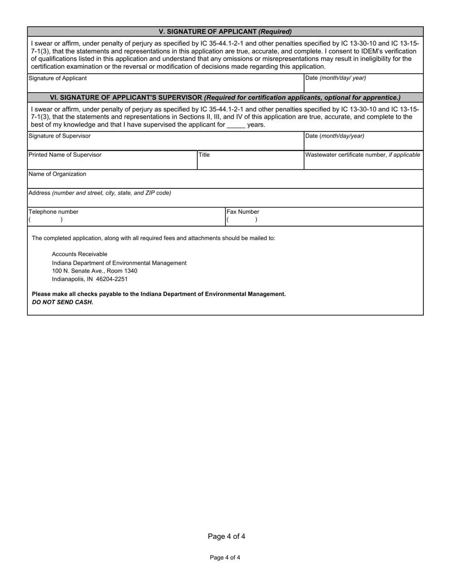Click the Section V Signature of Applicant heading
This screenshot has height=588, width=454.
click(x=225, y=32)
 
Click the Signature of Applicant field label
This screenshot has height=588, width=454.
click(x=58, y=78)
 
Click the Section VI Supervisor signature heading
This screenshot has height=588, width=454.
click(x=225, y=97)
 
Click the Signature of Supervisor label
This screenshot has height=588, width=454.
click(x=59, y=136)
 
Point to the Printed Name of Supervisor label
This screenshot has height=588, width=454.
click(x=65, y=155)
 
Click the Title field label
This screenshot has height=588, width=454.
click(x=204, y=155)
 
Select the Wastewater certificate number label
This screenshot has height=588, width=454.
click(x=363, y=155)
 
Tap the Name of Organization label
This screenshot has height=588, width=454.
click(x=57, y=174)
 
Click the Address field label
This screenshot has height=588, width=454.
click(x=100, y=193)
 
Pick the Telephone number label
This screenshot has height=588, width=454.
click(x=54, y=212)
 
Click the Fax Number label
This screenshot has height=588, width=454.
click(x=243, y=212)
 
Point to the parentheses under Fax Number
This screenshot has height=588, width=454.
click(x=242, y=220)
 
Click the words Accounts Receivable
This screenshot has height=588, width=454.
click(x=79, y=254)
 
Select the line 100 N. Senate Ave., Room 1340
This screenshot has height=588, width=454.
click(x=94, y=271)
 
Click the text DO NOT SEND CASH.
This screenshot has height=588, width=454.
click(x=62, y=302)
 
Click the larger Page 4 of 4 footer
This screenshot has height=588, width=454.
click(x=227, y=537)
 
